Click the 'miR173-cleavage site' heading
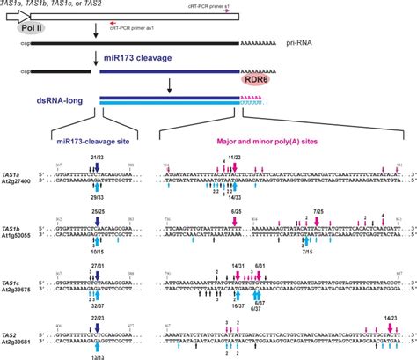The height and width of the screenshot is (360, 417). click(85, 138)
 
